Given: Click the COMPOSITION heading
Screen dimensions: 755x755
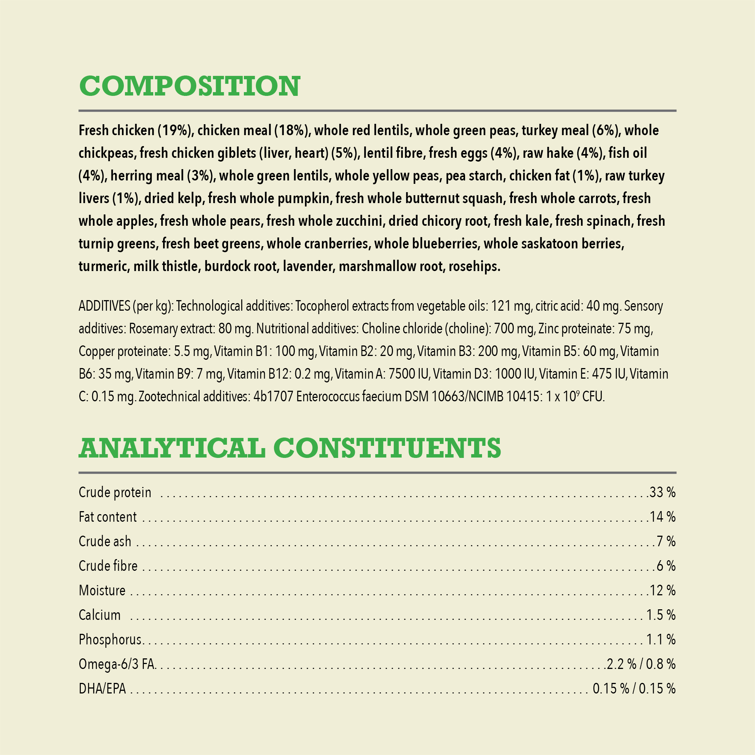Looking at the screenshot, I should (x=190, y=86).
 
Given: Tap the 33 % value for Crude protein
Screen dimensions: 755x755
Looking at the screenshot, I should (x=663, y=492).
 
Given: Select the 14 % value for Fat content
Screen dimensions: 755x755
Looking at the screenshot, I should (x=663, y=517).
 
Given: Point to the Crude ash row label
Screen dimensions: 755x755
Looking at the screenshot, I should (x=105, y=542).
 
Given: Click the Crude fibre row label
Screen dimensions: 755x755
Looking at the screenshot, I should (x=108, y=566).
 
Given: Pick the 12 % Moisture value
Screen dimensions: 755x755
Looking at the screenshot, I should (x=663, y=590).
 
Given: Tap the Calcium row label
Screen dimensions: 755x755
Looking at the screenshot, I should (x=100, y=615).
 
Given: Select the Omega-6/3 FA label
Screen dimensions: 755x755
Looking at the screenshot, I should (x=117, y=664).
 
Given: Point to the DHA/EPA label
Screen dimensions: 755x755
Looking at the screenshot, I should (x=102, y=689).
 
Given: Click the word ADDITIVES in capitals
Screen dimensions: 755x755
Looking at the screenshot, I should (x=104, y=306).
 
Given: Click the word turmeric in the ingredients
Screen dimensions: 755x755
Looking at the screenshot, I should (x=103, y=267).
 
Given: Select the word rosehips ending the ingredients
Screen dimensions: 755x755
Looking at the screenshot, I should (x=474, y=267).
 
